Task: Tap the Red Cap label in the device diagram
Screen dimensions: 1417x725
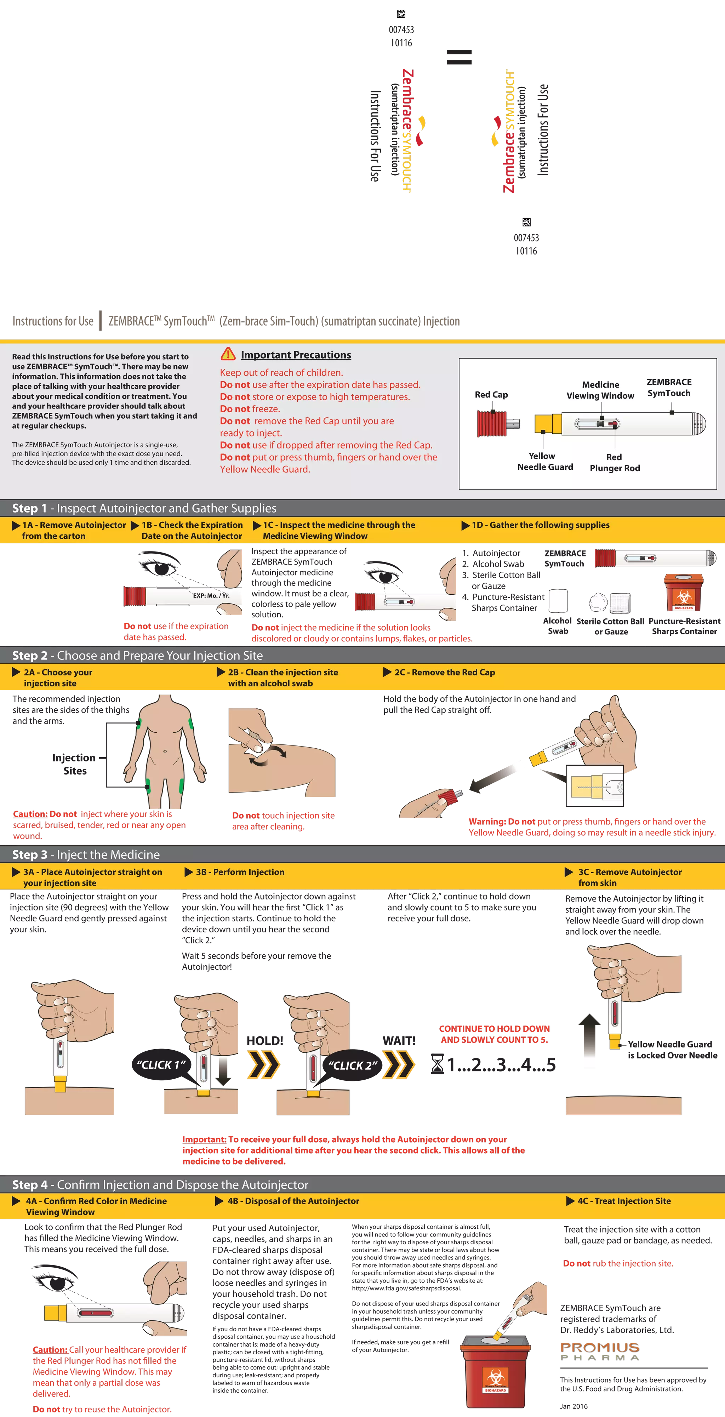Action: pyautogui.click(x=491, y=394)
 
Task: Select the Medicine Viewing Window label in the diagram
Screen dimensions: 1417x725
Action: pyautogui.click(x=600, y=390)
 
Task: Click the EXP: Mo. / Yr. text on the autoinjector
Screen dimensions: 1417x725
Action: pyautogui.click(x=211, y=595)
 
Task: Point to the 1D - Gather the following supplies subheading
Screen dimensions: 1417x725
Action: pyautogui.click(x=540, y=525)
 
